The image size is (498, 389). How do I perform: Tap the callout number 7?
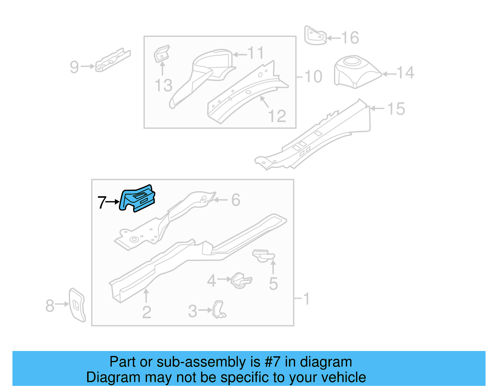coord(102,202)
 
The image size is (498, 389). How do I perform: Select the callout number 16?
coord(350,38)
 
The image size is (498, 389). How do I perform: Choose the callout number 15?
coord(396,109)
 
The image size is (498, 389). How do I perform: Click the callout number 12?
coord(277,116)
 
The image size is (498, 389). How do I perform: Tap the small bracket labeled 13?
coord(162,54)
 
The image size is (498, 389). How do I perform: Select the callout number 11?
coord(256,53)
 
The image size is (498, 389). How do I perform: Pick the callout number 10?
coord(313,77)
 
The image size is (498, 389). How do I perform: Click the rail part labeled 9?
coord(113,60)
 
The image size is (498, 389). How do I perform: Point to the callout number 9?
coord(74,67)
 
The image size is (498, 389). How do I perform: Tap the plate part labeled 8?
coord(77,305)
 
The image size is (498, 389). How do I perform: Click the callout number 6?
coord(236,200)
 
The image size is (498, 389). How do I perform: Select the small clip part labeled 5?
coord(263,256)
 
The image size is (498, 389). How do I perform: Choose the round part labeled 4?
coord(241,280)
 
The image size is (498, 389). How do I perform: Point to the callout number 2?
coord(147,312)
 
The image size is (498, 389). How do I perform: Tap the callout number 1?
coord(306,299)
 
